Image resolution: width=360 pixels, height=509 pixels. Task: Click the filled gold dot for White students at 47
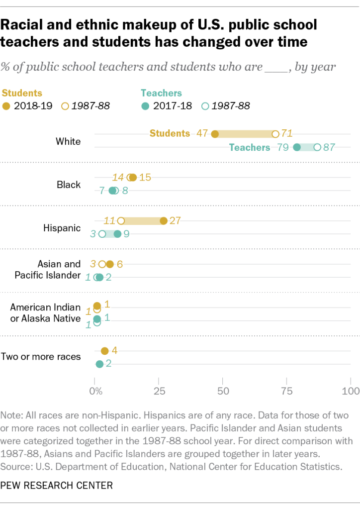pos(215,134)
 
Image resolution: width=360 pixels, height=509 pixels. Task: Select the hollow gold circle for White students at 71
pos(275,134)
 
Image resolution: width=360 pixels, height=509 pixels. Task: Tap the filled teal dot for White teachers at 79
pos(297,147)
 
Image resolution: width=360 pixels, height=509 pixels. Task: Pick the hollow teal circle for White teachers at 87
pos(317,147)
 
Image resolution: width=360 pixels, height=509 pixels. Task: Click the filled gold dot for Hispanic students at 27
pos(164,220)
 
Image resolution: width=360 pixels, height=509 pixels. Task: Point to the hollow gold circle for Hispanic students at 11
pos(121,220)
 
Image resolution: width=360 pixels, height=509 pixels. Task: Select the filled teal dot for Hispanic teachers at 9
pos(117,234)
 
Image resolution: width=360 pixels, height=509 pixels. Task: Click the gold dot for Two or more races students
pos(104,351)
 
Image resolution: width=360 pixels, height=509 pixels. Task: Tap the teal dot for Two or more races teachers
pos(99,364)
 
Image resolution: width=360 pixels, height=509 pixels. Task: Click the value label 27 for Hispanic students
pos(175,220)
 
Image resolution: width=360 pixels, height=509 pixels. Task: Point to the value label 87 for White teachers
pos(329,147)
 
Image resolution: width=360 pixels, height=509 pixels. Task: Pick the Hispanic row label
pos(63,228)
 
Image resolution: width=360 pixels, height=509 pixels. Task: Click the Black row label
pos(69,185)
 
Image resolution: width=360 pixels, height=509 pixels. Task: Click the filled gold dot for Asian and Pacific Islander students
pos(110,264)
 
